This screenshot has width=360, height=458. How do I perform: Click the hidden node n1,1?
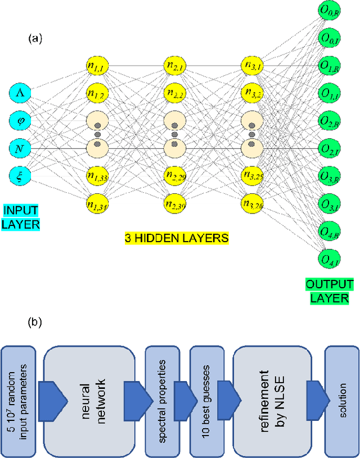[97, 66]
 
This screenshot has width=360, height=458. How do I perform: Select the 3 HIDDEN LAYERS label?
[177, 238]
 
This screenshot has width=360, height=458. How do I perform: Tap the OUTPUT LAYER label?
[330, 291]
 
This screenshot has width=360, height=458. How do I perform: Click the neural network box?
[88, 400]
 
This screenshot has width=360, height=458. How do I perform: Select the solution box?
[342, 400]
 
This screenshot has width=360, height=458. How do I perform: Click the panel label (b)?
[35, 324]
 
